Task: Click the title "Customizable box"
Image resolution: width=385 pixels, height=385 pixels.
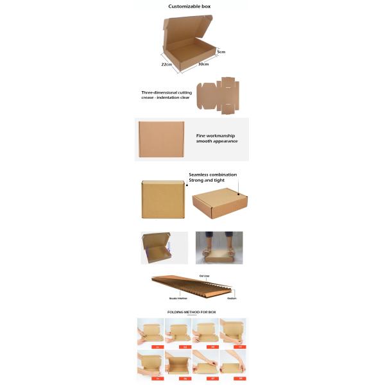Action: [189, 6]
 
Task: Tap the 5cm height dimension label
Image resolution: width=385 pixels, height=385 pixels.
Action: [221, 51]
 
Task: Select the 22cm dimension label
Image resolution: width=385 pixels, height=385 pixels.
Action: [166, 64]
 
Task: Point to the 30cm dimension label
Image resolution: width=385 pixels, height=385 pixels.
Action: [203, 64]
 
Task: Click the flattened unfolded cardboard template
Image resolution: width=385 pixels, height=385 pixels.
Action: [219, 97]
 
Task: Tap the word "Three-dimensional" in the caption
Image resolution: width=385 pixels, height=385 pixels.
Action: [158, 92]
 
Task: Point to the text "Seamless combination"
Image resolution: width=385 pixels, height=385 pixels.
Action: [213, 175]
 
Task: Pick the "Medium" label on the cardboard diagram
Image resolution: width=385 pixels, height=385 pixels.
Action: [232, 298]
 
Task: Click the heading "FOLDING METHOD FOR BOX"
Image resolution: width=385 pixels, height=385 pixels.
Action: [192, 312]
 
